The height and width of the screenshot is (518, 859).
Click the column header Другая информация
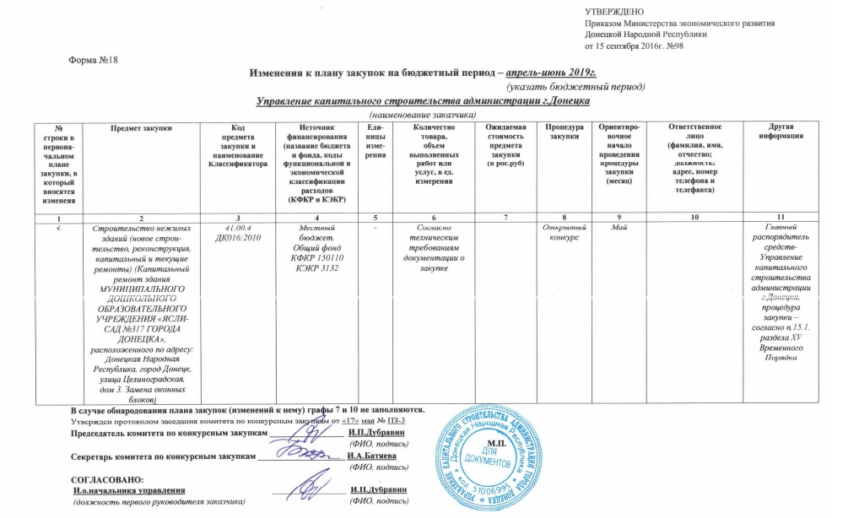coord(774,131)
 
